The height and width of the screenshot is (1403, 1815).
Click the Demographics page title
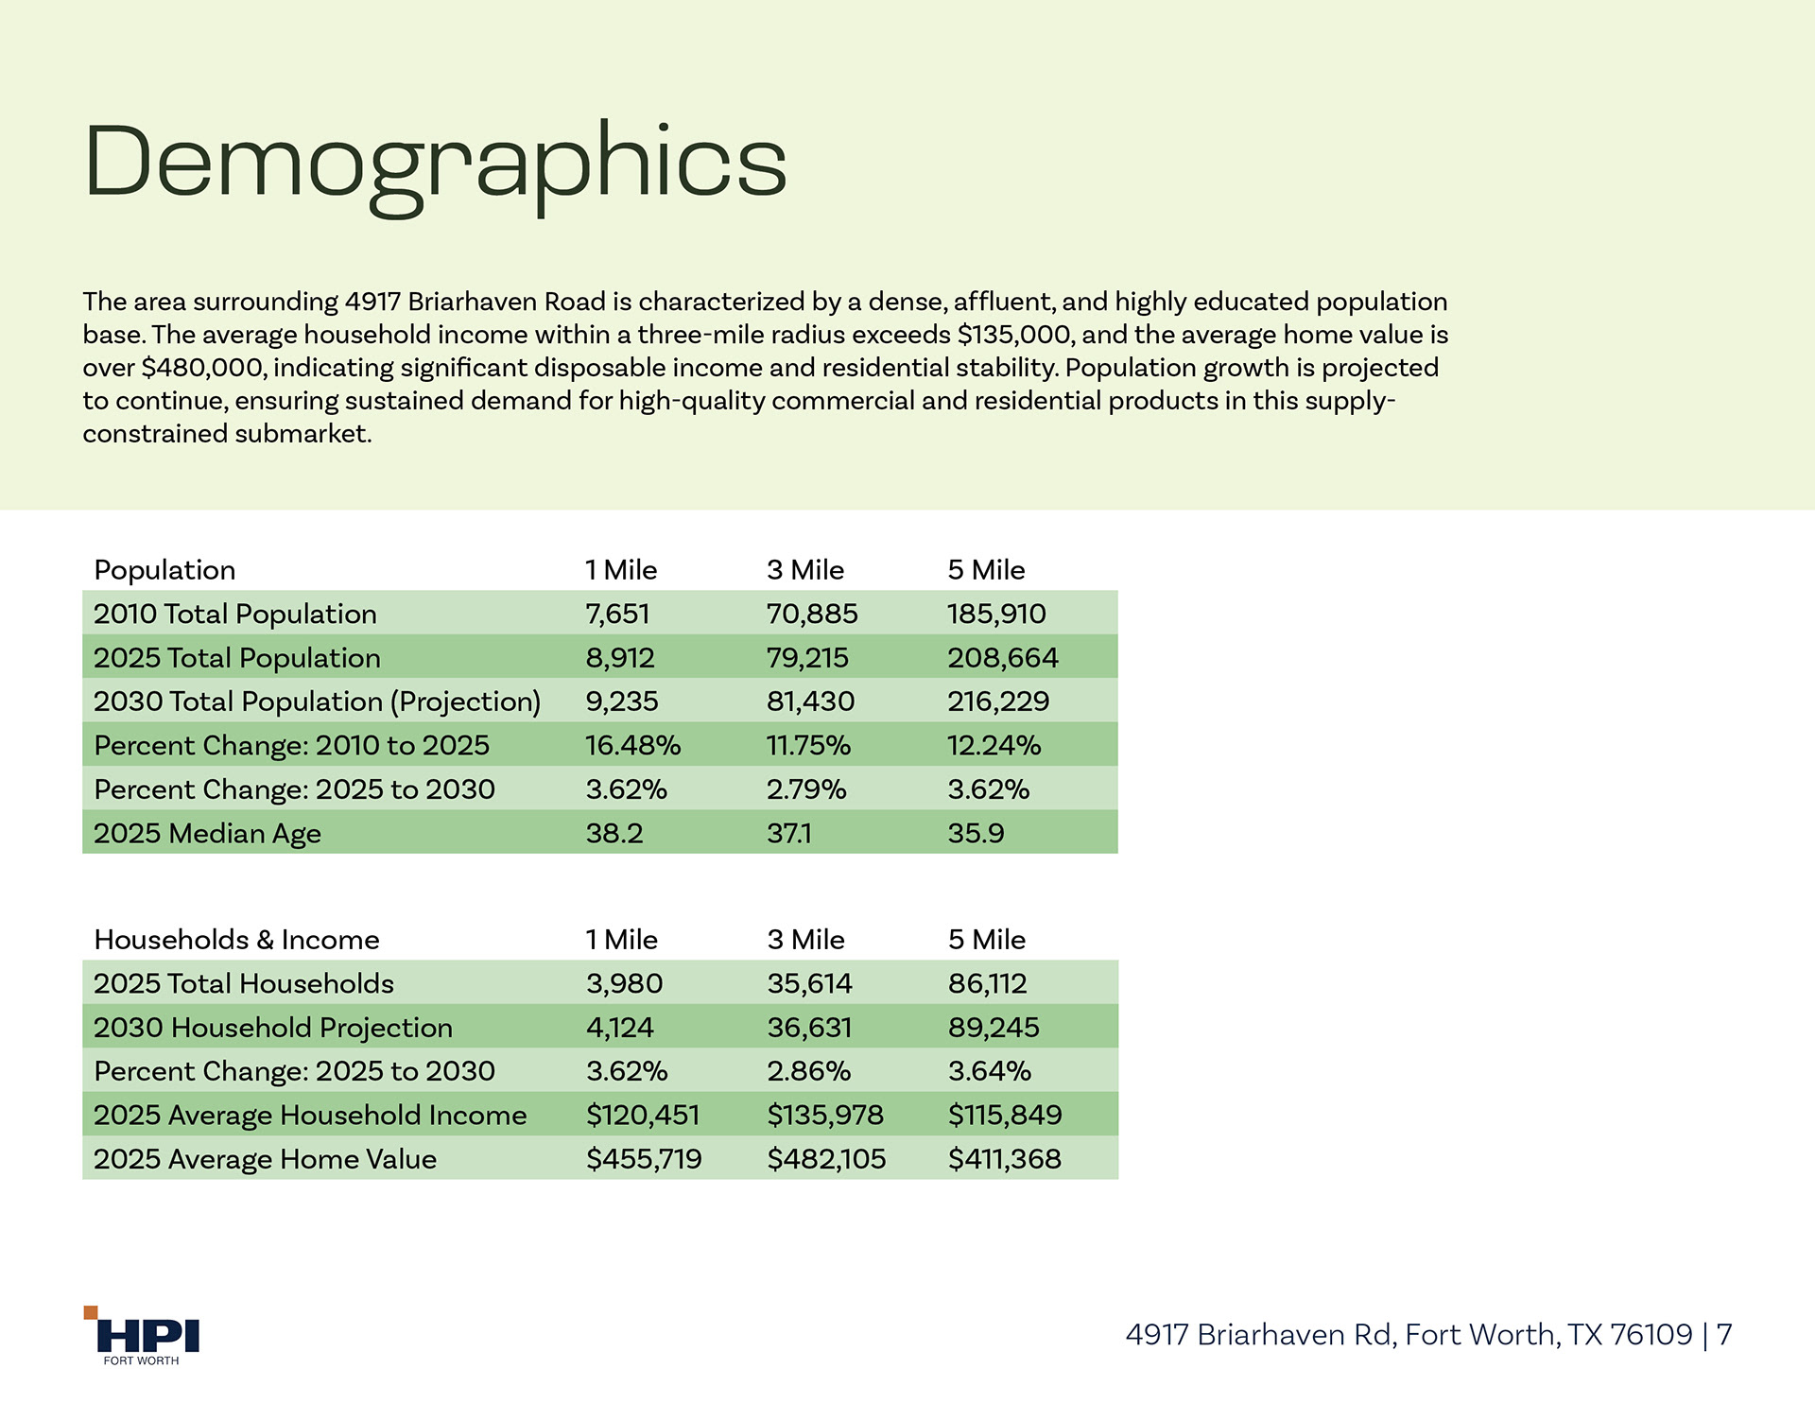click(x=435, y=163)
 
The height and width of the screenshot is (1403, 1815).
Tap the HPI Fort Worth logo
click(x=143, y=1337)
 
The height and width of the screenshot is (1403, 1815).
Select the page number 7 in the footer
click(x=1724, y=1335)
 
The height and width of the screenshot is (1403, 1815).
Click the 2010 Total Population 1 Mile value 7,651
click(x=617, y=615)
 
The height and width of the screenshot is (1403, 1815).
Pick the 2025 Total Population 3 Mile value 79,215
click(x=807, y=658)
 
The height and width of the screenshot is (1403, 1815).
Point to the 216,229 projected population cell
click(x=998, y=701)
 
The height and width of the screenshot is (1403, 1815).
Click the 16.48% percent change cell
click(x=632, y=746)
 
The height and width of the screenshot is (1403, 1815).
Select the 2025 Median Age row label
click(x=207, y=834)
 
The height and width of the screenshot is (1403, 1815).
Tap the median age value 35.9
click(x=976, y=834)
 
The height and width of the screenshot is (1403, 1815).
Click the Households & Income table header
click(x=236, y=940)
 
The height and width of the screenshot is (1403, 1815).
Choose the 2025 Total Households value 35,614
click(x=809, y=984)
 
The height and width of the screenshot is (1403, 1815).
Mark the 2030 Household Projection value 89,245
click(x=994, y=1028)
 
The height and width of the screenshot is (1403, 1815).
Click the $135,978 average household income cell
click(x=824, y=1116)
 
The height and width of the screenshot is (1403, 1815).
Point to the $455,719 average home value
click(x=644, y=1159)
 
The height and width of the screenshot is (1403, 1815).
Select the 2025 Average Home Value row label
click(x=265, y=1159)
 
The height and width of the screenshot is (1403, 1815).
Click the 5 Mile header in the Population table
click(x=986, y=570)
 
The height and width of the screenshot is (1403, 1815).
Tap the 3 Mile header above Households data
click(x=805, y=940)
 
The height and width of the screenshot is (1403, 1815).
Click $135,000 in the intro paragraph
click(x=1014, y=335)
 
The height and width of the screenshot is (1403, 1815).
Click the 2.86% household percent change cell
click(x=808, y=1071)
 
